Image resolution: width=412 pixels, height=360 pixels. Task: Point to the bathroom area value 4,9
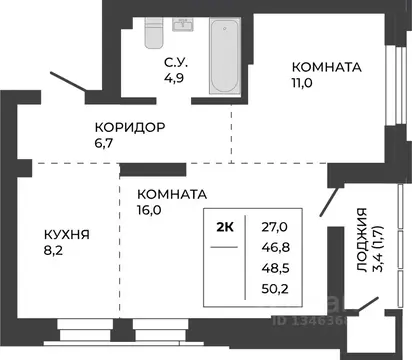pyautogui.click(x=177, y=84)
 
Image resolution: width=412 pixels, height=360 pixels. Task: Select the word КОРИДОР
pyautogui.click(x=130, y=128)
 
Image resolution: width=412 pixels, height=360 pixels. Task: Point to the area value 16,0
pyautogui.click(x=152, y=211)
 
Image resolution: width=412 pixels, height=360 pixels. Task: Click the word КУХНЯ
pyautogui.click(x=68, y=237)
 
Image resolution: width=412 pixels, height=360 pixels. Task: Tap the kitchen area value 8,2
pyautogui.click(x=59, y=253)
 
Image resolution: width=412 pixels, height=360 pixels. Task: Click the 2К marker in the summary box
pyautogui.click(x=226, y=227)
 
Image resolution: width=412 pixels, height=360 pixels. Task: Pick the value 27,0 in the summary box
pyautogui.click(x=274, y=228)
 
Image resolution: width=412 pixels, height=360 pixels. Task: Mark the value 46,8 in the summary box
pyautogui.click(x=274, y=249)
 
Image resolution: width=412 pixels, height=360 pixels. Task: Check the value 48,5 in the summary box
pyautogui.click(x=274, y=270)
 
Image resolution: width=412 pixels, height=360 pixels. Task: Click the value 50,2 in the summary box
pyautogui.click(x=274, y=291)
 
